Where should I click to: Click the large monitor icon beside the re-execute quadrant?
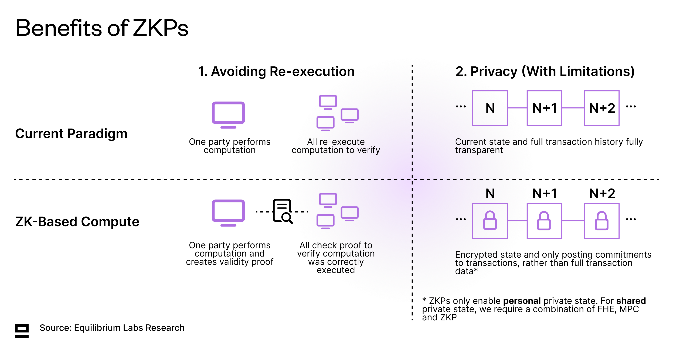click(x=228, y=115)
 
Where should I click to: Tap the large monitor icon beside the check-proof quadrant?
click(x=228, y=213)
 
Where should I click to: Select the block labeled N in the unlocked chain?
click(x=490, y=108)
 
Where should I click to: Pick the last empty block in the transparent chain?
click(x=601, y=108)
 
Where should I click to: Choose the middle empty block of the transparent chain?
click(x=544, y=108)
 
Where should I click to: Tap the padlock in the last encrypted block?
click(x=601, y=221)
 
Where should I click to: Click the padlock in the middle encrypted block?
click(x=544, y=221)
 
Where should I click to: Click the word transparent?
click(x=479, y=150)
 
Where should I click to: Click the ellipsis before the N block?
click(x=461, y=106)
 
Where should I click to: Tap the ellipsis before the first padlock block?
click(x=461, y=219)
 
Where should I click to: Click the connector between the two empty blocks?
click(x=573, y=108)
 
